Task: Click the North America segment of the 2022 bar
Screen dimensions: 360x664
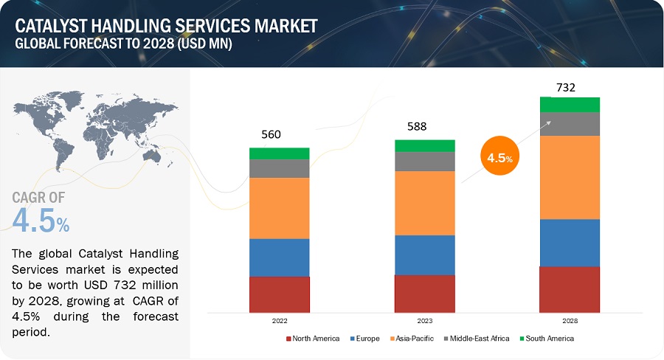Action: tap(279, 294)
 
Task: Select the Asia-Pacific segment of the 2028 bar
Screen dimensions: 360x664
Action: tap(569, 177)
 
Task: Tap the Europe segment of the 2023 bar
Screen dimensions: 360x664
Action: tap(424, 255)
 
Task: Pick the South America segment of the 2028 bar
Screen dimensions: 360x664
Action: tap(569, 105)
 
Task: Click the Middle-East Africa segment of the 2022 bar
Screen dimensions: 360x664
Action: tap(279, 168)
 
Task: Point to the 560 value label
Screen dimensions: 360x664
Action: tap(271, 134)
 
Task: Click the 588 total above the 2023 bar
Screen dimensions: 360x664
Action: tap(416, 126)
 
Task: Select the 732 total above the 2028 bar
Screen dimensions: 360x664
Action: tap(566, 87)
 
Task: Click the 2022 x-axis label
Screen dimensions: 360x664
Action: tap(279, 322)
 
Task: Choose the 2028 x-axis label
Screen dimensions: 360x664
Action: tap(569, 322)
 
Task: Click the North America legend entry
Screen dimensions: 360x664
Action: tap(312, 339)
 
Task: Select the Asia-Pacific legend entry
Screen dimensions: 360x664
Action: tap(414, 339)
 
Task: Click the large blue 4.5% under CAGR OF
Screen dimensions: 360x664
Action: tap(41, 220)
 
